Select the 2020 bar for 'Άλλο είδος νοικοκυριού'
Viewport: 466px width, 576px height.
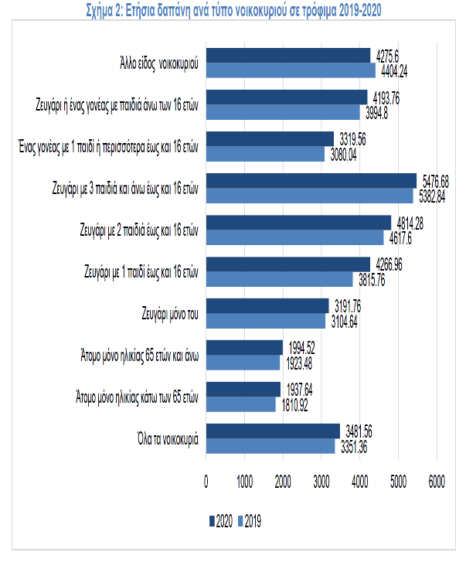click(288, 56)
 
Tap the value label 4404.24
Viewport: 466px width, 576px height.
click(394, 71)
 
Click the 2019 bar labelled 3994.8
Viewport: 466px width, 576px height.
click(283, 112)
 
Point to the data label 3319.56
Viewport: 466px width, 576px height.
click(352, 140)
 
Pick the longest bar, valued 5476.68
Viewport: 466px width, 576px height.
click(311, 181)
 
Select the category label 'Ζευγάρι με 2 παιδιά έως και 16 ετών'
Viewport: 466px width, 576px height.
click(139, 230)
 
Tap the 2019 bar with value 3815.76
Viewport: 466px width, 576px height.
click(280, 279)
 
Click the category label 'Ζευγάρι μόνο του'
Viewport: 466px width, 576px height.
click(170, 314)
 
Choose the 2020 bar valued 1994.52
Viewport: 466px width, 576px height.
click(244, 347)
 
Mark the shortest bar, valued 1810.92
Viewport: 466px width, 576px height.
click(241, 404)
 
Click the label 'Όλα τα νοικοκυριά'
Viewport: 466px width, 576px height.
click(168, 439)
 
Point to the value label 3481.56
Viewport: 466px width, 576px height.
click(359, 431)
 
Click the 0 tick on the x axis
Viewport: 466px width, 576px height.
click(206, 482)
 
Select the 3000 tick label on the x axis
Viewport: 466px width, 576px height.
click(321, 482)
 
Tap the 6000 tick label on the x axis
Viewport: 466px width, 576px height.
click(437, 482)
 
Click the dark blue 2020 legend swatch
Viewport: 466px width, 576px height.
click(212, 521)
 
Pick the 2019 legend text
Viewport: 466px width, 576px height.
click(253, 521)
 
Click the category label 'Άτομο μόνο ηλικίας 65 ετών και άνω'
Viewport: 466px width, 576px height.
click(140, 356)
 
